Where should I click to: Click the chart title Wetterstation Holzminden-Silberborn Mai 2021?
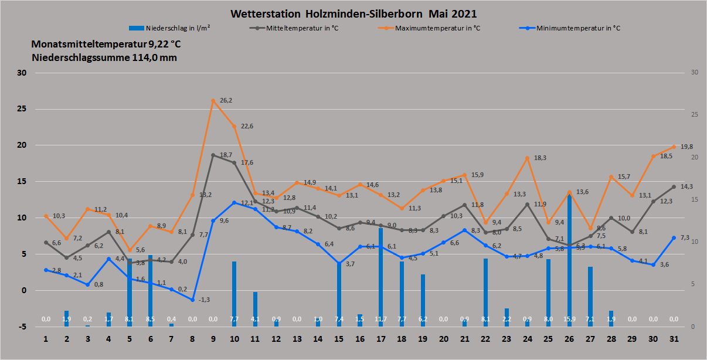click(354, 13)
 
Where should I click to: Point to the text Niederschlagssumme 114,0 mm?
click(104, 57)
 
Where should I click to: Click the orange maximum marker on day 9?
click(213, 101)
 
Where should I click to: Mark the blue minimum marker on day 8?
click(192, 300)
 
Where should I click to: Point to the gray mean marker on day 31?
click(674, 186)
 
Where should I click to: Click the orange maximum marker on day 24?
click(528, 158)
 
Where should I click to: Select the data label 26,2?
click(226, 100)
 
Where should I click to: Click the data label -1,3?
click(205, 300)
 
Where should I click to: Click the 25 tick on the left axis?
click(23, 109)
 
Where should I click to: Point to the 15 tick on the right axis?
click(695, 199)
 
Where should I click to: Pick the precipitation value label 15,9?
click(569, 319)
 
